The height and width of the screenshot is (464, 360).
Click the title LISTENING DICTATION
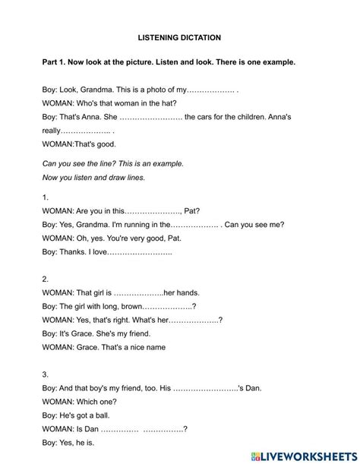(179, 36)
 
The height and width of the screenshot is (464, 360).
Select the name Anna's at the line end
(276, 117)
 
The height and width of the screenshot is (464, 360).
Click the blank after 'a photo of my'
(211, 89)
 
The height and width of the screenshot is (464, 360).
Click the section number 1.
(46, 197)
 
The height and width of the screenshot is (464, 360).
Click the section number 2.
(46, 279)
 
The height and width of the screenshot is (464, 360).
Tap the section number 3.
(46, 374)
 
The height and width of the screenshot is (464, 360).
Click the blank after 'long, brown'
(168, 306)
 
